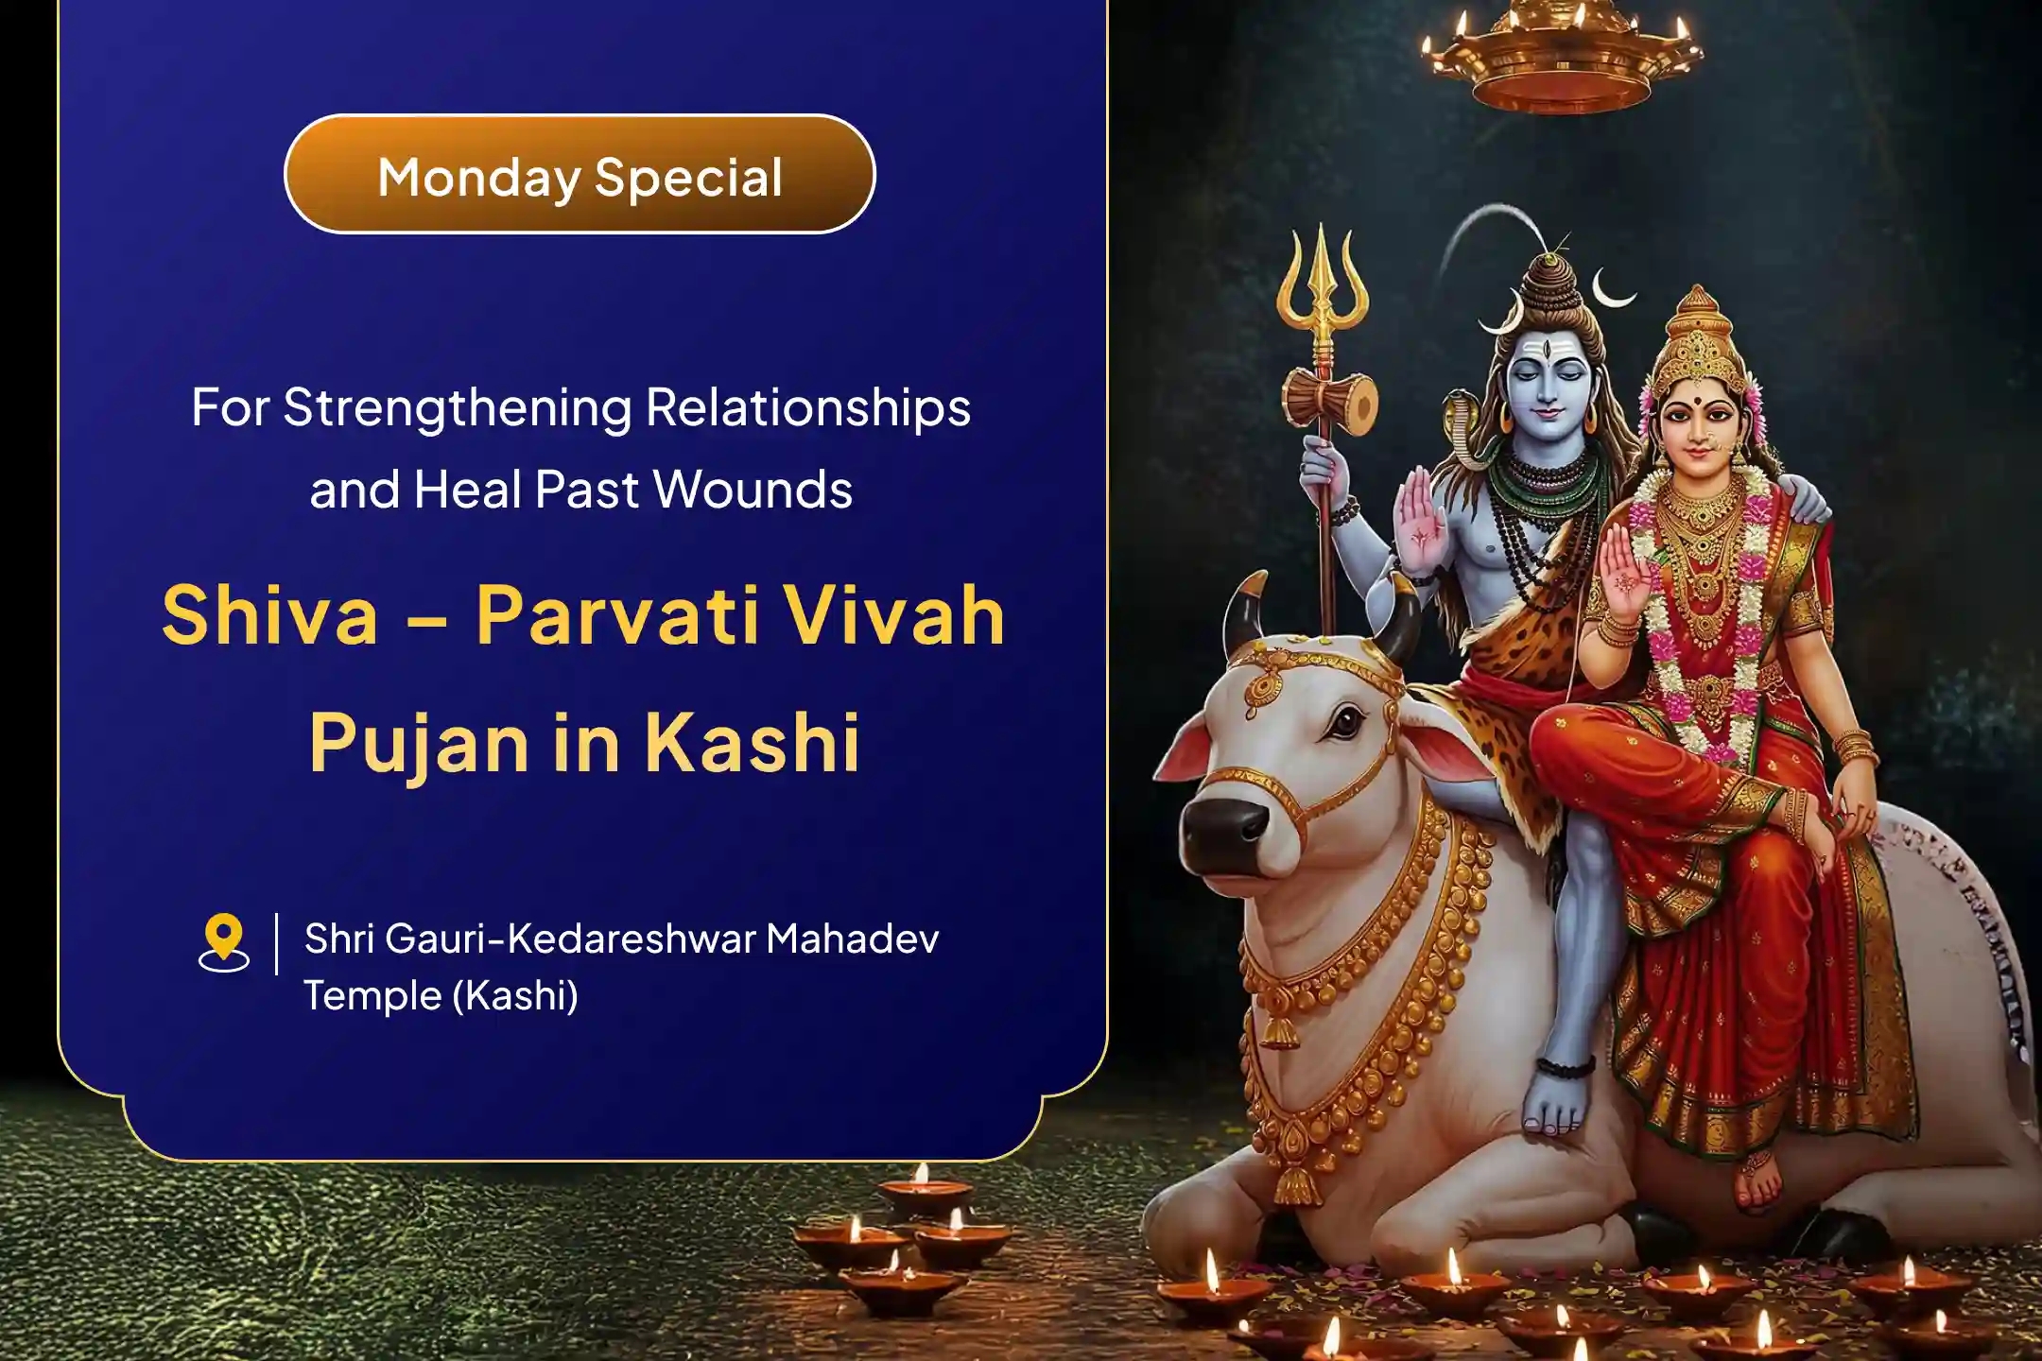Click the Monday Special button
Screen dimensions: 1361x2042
(580, 175)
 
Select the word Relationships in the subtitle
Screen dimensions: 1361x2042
(807, 408)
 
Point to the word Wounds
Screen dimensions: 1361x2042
(753, 491)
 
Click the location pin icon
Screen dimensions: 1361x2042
(223, 941)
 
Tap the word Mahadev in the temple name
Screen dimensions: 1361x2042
(852, 939)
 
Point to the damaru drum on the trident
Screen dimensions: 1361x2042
(1329, 402)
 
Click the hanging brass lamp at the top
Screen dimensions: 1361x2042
(1560, 57)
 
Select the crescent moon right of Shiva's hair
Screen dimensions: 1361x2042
(1611, 288)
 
